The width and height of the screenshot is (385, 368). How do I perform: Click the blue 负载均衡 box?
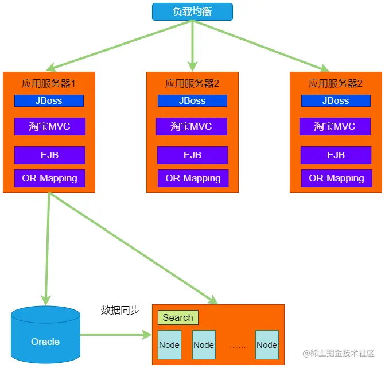(x=192, y=11)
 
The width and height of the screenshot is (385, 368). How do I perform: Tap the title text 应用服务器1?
(x=49, y=83)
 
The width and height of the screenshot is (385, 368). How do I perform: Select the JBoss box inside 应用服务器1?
(x=49, y=101)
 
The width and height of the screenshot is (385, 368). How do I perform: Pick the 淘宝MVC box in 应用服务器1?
(x=49, y=126)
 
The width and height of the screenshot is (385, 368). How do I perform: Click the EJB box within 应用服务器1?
(x=49, y=155)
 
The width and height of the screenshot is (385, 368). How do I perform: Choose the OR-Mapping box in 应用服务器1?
(x=49, y=178)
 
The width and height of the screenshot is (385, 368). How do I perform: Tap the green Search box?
(x=178, y=317)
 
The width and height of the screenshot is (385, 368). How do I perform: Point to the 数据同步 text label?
(x=120, y=310)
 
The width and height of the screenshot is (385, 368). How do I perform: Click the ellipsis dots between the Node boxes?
(x=238, y=346)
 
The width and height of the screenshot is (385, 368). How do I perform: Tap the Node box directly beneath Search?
(x=169, y=345)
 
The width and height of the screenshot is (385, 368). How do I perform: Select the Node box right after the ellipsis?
(x=267, y=345)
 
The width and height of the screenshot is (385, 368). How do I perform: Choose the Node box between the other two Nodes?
(x=204, y=345)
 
